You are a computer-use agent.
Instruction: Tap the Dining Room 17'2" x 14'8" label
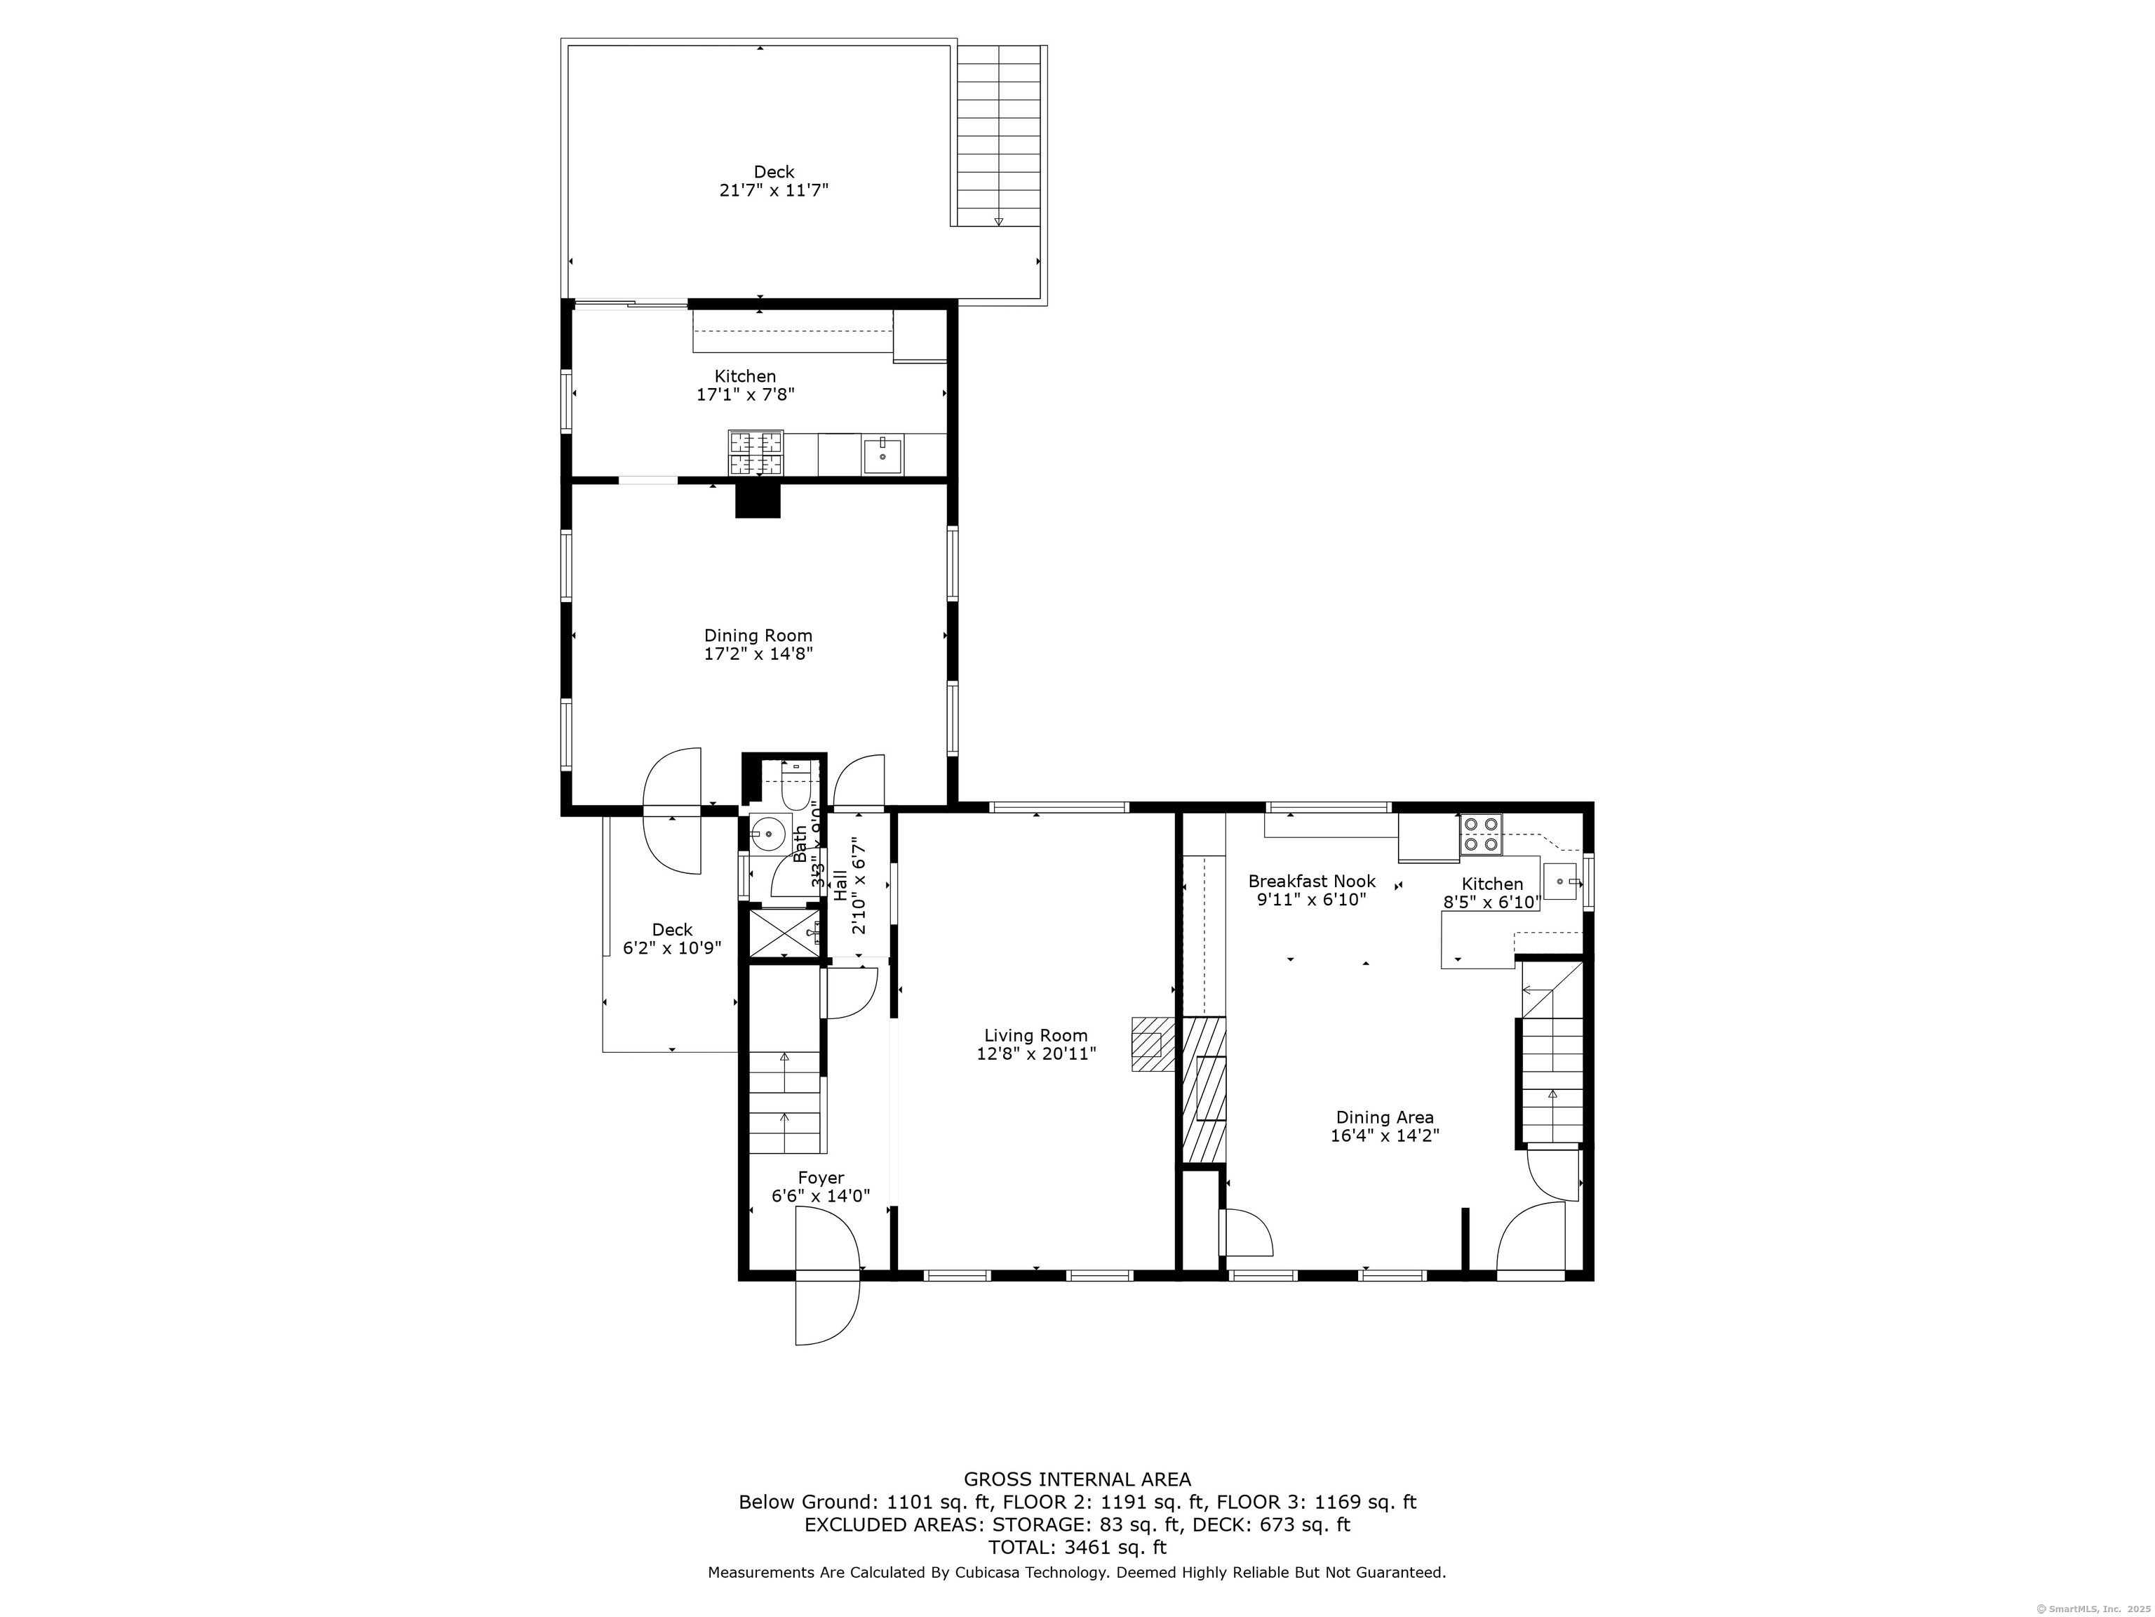pos(758,645)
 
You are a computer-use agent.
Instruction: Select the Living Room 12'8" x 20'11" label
pos(1035,1045)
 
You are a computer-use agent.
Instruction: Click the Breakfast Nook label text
pos(1311,881)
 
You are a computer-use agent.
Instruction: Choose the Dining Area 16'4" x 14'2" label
pos(1384,1126)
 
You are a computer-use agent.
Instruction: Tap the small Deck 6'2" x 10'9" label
pos(672,938)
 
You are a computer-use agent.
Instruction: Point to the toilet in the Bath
pos(796,787)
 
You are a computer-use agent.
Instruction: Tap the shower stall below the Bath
pos(782,933)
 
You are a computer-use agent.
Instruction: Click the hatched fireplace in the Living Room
pos(1153,1045)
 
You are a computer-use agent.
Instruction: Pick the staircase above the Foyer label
pos(784,1101)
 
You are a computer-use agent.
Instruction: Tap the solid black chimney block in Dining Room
pos(758,500)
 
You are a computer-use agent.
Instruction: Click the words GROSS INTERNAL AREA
pos(1077,1479)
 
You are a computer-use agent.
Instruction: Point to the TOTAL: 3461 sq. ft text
pos(1077,1547)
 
